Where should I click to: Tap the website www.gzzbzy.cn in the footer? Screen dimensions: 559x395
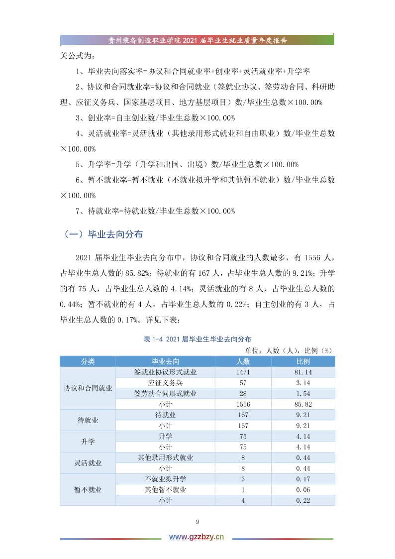(197, 537)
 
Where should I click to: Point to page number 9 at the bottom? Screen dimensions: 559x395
(197, 522)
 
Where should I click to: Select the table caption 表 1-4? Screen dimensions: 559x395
(197, 339)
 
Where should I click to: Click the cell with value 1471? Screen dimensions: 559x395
(243, 372)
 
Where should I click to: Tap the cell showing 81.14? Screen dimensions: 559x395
(303, 372)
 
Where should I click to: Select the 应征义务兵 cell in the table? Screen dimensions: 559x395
(165, 383)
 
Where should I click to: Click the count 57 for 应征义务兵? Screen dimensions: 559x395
(243, 383)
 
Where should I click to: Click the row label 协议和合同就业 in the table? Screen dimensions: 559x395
(88, 388)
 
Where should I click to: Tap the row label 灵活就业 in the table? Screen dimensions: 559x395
(88, 463)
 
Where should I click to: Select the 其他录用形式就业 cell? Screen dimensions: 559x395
(165, 457)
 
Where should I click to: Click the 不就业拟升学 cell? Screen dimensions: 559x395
(165, 479)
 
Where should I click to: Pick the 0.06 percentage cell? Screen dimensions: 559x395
(303, 490)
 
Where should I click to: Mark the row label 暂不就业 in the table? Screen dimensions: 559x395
(88, 490)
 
